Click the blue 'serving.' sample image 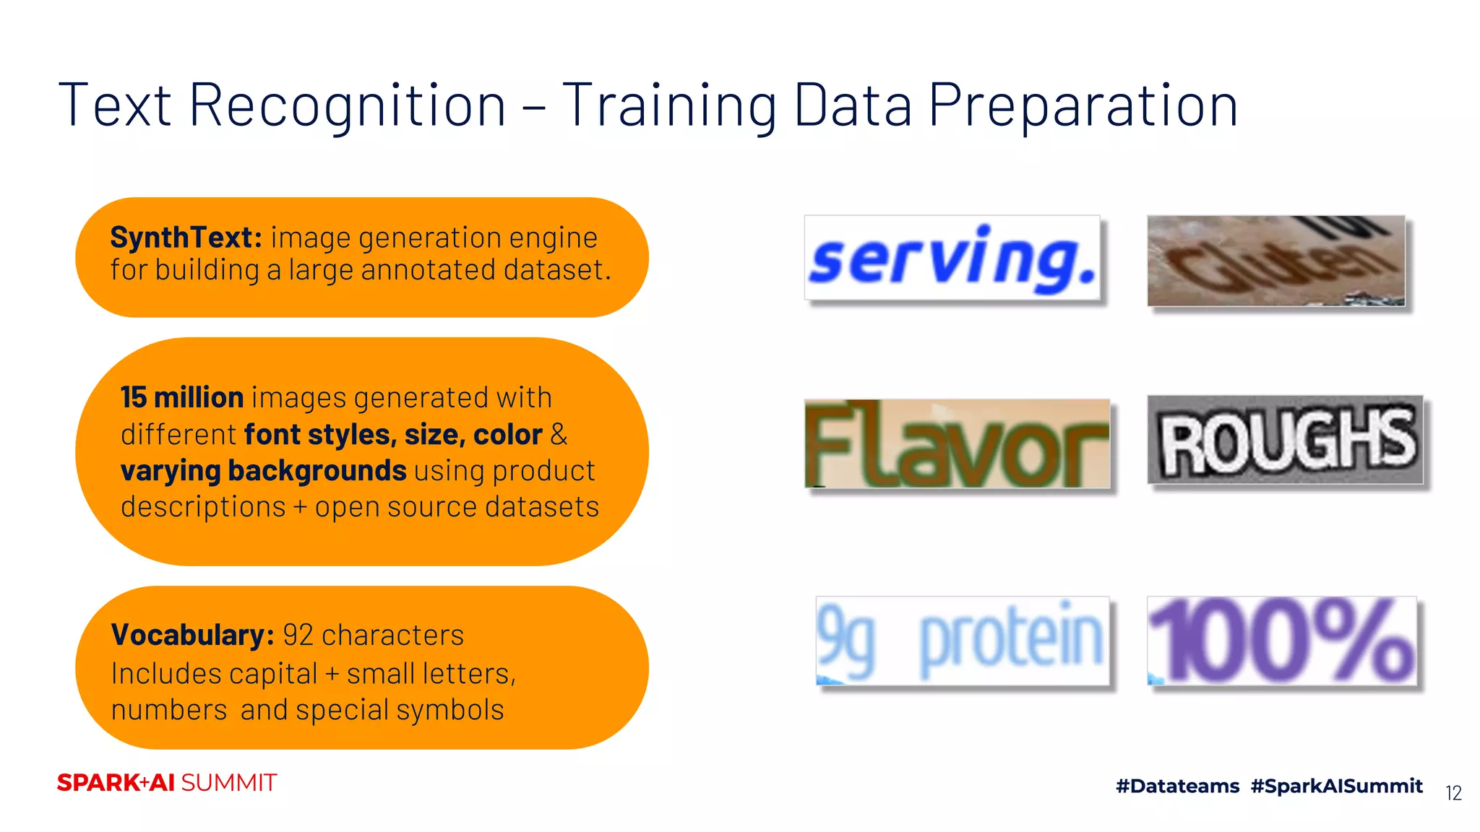point(952,258)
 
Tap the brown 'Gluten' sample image point(1276,261)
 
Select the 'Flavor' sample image point(958,443)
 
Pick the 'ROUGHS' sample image point(1286,440)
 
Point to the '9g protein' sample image point(963,641)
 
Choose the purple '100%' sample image point(1282,641)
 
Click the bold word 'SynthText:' point(186,238)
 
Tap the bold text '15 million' point(182,397)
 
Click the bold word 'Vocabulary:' point(192,635)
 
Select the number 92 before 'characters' point(298,636)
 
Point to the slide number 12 point(1453,793)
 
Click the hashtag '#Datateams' point(1177,786)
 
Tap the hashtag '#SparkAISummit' point(1337,786)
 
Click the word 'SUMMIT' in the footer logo point(228,783)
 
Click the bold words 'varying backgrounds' point(264,472)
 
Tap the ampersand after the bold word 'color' point(559,434)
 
